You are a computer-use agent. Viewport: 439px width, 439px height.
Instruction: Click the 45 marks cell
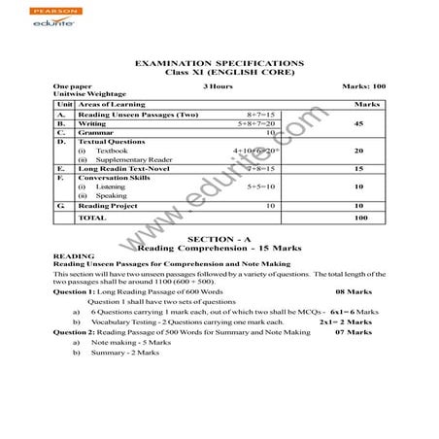point(359,124)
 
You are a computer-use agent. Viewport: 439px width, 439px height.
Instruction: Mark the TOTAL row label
point(92,219)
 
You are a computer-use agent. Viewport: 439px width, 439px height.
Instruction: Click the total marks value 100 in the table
point(360,219)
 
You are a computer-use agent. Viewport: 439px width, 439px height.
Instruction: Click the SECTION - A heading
point(219,239)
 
